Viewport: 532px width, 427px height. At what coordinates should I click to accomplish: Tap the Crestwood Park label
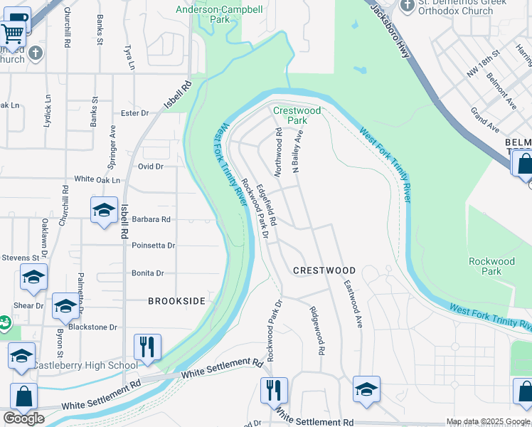[297, 115]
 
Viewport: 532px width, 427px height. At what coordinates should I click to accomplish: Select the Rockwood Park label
[491, 266]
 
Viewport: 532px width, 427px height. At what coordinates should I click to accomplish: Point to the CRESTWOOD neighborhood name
[324, 271]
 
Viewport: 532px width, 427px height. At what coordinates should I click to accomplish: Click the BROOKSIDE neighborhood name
[177, 301]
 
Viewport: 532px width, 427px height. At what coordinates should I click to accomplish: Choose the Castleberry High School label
[85, 365]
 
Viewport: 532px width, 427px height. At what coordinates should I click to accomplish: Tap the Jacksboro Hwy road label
[385, 21]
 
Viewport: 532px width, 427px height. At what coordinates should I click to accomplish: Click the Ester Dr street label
[134, 113]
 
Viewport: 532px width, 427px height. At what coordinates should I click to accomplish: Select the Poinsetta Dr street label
[153, 246]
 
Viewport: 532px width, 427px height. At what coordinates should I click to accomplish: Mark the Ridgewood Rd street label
[316, 330]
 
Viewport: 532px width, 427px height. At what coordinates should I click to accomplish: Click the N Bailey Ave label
[298, 151]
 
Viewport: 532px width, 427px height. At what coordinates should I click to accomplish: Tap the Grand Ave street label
[484, 120]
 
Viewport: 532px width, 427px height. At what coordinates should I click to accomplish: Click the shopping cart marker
[12, 32]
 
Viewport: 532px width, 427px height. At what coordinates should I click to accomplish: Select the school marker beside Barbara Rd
[104, 210]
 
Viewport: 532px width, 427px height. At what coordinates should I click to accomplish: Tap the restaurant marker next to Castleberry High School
[147, 347]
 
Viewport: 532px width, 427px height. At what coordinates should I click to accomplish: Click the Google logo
[23, 418]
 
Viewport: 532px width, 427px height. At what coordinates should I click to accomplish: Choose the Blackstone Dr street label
[95, 327]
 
